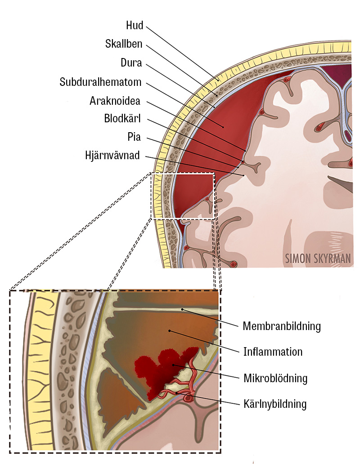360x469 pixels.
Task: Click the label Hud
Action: tap(135, 25)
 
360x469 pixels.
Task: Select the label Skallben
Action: tap(124, 44)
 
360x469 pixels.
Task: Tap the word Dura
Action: tap(131, 63)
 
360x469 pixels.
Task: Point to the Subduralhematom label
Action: tap(101, 82)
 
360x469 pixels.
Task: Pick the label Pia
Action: tap(134, 137)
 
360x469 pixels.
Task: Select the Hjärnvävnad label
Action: tap(112, 156)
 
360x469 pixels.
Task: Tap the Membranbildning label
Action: tap(282, 326)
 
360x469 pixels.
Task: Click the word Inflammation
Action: tap(273, 351)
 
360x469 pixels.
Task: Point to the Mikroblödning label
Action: tap(275, 378)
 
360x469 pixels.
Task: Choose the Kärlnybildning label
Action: tap(274, 404)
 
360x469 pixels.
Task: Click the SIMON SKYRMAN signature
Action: tap(318, 259)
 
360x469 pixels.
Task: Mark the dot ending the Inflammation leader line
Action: tap(169, 331)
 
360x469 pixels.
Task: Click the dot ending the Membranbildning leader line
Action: tap(182, 309)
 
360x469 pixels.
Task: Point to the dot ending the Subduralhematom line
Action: tap(223, 127)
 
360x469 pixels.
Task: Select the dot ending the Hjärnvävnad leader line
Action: tap(243, 174)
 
